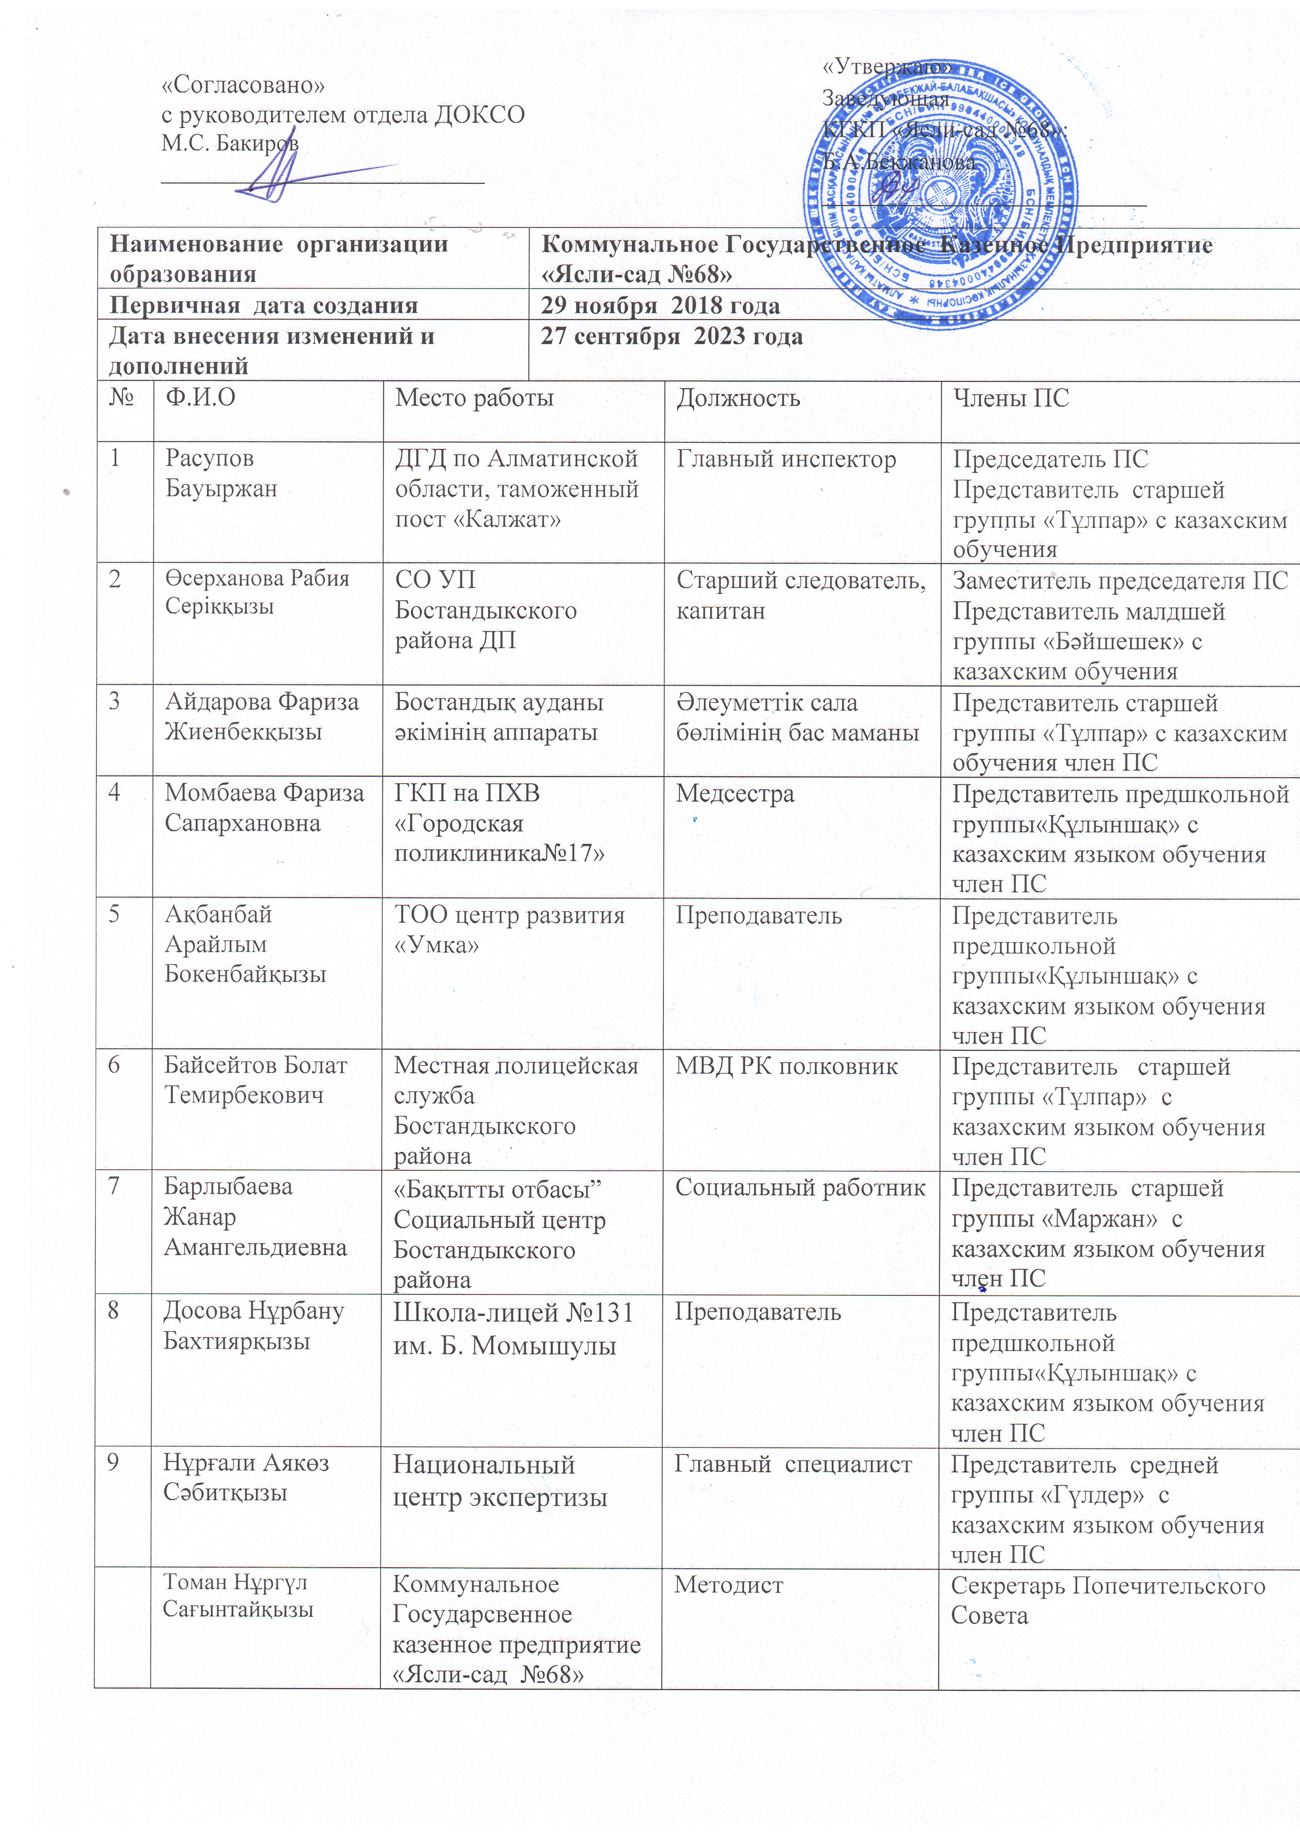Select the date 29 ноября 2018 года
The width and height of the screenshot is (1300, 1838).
660,305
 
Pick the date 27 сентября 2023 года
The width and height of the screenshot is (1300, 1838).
671,335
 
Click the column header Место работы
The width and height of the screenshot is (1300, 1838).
474,398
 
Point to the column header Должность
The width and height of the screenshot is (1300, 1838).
738,398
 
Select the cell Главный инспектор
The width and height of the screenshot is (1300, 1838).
786,460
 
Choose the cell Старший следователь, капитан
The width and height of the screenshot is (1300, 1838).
800,595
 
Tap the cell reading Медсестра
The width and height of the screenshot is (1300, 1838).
735,793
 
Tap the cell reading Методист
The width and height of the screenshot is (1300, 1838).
728,1584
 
